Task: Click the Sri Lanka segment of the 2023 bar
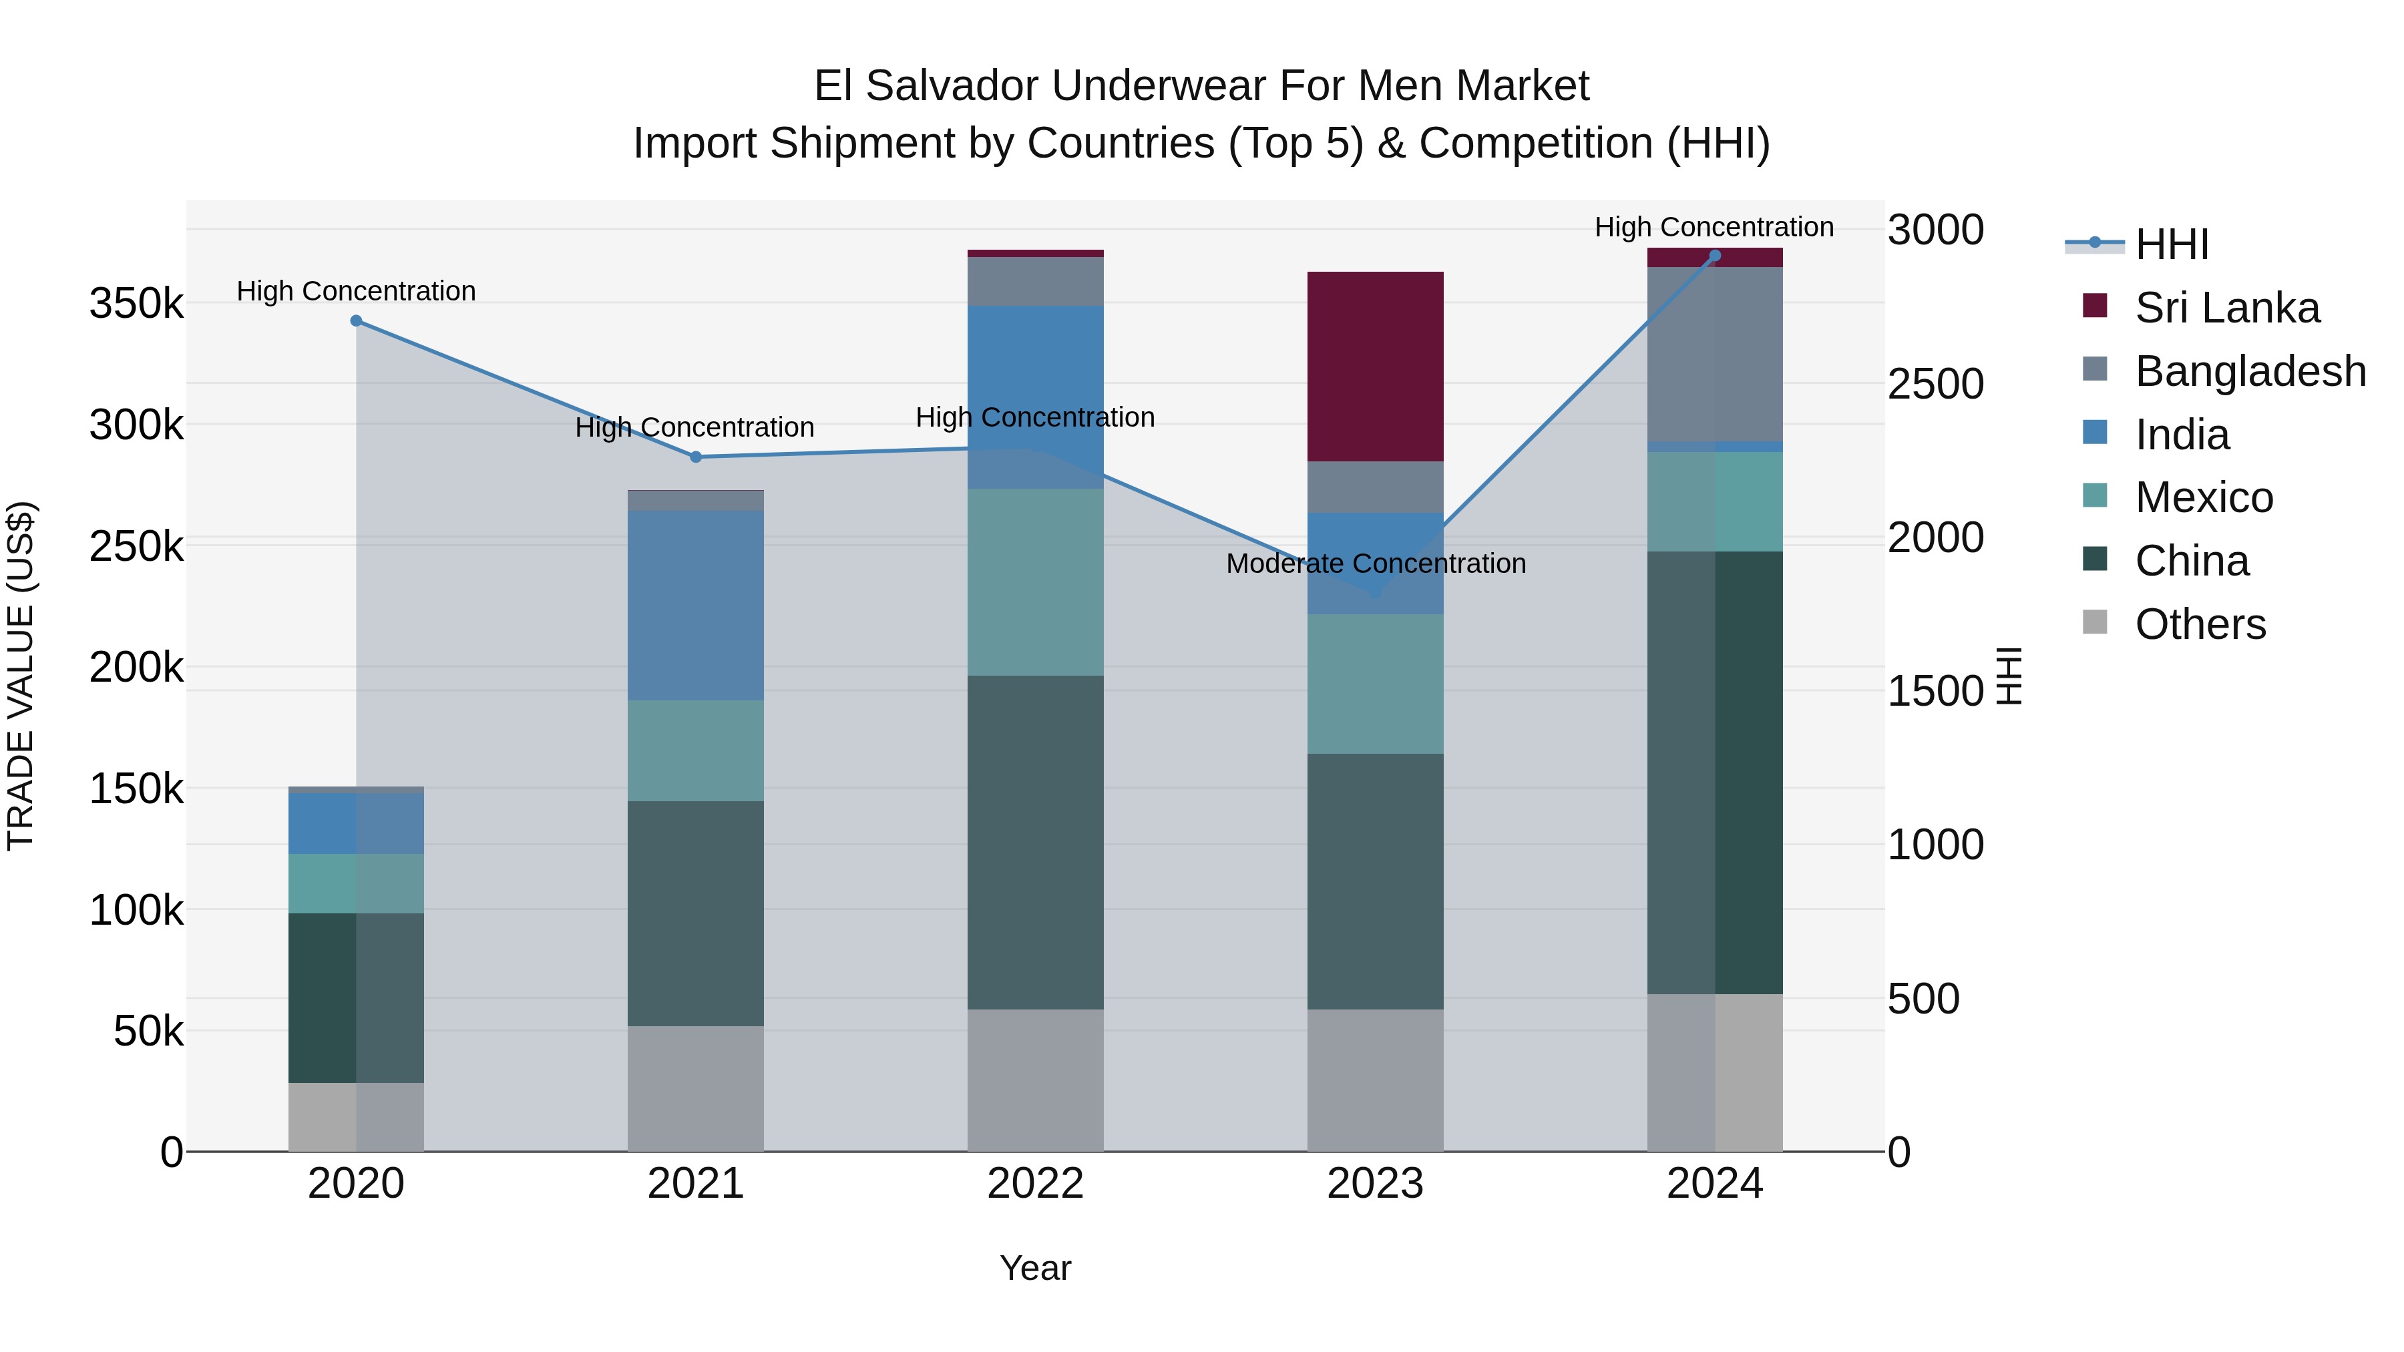tap(1375, 366)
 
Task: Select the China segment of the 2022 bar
tap(1035, 842)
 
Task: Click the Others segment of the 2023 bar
tap(1375, 1080)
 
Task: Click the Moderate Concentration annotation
tap(1376, 564)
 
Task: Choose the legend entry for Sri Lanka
tap(2226, 308)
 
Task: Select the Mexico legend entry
tap(2204, 497)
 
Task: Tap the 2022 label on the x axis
tap(1035, 1184)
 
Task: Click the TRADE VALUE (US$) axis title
tap(21, 676)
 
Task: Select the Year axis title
tap(1035, 1268)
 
